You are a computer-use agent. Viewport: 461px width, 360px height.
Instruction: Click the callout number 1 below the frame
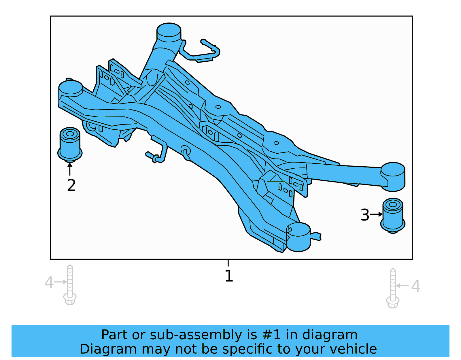pyautogui.click(x=228, y=276)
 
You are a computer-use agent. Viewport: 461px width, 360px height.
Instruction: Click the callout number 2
pyautogui.click(x=71, y=185)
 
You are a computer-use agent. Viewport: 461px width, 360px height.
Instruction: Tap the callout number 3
pyautogui.click(x=364, y=215)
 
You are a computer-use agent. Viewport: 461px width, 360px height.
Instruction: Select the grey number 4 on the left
pyautogui.click(x=49, y=282)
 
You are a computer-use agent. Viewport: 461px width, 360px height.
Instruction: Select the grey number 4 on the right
pyautogui.click(x=415, y=286)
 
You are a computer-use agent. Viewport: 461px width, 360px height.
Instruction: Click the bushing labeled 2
pyautogui.click(x=70, y=144)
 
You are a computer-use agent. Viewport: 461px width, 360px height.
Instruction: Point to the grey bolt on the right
pyautogui.click(x=392, y=288)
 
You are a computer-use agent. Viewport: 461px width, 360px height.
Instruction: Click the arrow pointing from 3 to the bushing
pyautogui.click(x=376, y=214)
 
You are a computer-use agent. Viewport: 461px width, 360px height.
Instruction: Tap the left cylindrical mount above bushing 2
pyautogui.click(x=71, y=88)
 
